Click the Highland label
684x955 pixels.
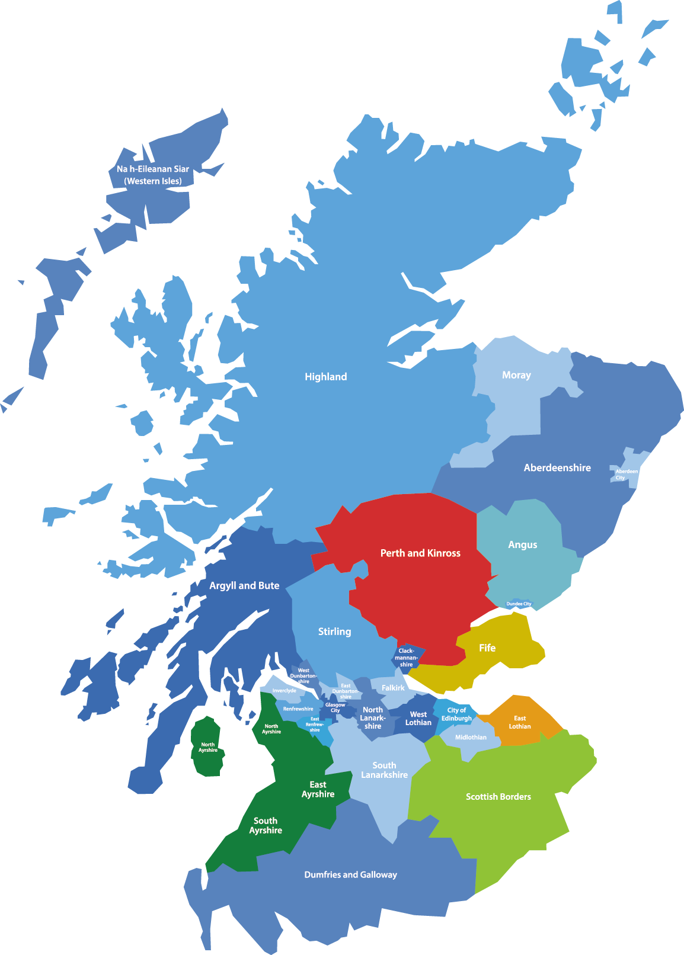coord(325,377)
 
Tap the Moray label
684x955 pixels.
coord(516,375)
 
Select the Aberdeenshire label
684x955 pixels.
coord(557,468)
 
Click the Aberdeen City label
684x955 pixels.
coord(626,475)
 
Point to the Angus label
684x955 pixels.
coord(523,545)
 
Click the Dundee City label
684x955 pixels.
coord(519,604)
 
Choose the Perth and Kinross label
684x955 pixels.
coord(420,553)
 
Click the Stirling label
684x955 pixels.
coord(334,632)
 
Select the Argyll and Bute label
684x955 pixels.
coord(244,586)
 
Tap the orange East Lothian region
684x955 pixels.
coord(520,722)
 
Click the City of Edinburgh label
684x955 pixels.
coord(456,714)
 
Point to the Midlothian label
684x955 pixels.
coord(471,738)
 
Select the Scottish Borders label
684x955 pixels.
coord(498,797)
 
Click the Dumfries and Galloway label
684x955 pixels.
coord(350,875)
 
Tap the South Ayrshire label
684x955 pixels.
coord(266,826)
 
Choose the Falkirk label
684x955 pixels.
coord(393,688)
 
